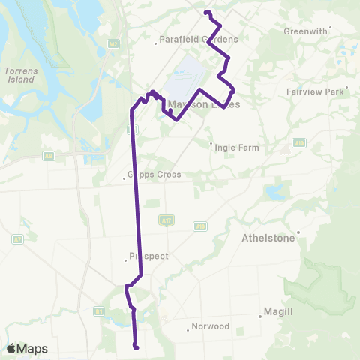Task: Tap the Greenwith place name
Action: (306, 31)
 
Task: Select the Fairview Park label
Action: (314, 91)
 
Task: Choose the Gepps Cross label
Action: (155, 175)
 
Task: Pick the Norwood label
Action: (210, 326)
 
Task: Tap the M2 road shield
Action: (113, 44)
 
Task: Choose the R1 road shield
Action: (97, 310)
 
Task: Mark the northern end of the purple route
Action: (205, 12)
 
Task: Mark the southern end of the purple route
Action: (136, 346)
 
